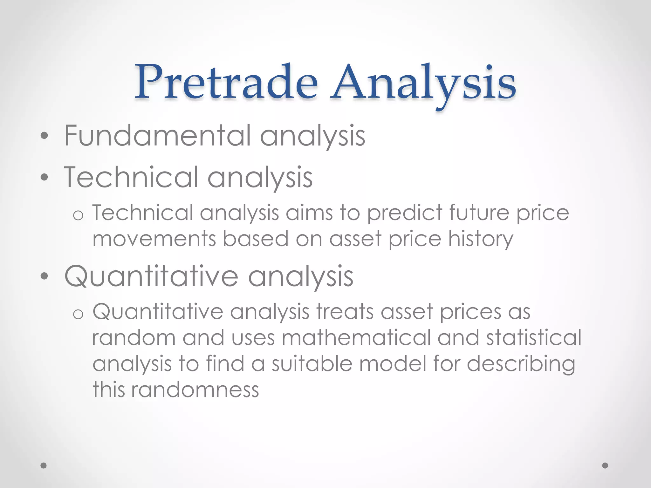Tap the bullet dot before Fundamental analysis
pyautogui.click(x=45, y=136)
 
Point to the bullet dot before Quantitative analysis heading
pyautogui.click(x=45, y=276)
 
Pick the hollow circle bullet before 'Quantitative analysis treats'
pyautogui.click(x=78, y=314)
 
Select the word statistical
pyautogui.click(x=534, y=337)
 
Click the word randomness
pyautogui.click(x=195, y=390)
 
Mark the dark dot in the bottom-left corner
pyautogui.click(x=44, y=465)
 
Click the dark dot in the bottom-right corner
pyautogui.click(x=605, y=465)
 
